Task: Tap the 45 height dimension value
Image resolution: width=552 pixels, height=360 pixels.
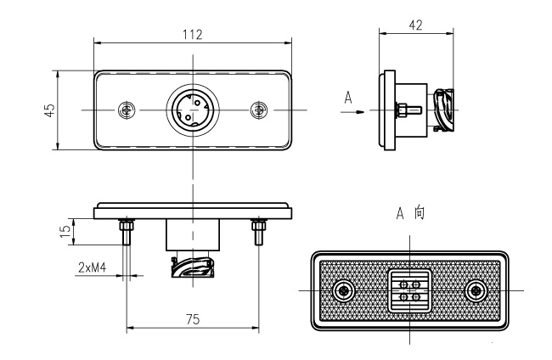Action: point(50,110)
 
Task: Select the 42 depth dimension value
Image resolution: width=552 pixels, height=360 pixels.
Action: point(415,25)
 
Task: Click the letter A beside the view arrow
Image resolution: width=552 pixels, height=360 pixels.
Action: point(348,98)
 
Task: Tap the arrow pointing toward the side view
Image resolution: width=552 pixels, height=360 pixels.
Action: point(360,110)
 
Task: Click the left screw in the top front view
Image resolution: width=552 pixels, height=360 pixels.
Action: point(127,110)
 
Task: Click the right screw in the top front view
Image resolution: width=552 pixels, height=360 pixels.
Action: point(259,110)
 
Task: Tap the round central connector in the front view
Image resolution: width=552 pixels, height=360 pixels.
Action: point(193,110)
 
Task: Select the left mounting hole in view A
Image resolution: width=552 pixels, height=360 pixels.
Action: point(343,290)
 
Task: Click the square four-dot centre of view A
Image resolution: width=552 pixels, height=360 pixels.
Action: point(408,290)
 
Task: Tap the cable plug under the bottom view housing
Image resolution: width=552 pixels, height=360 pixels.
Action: point(192,267)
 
